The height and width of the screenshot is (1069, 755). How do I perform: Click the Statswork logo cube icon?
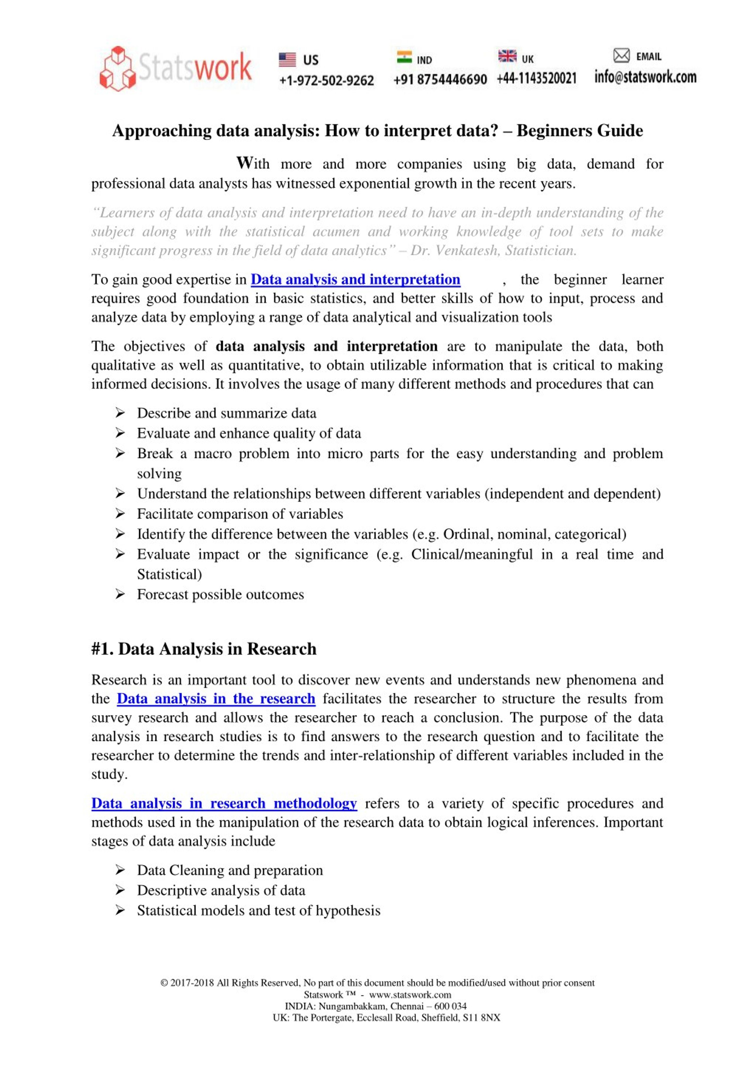click(x=117, y=68)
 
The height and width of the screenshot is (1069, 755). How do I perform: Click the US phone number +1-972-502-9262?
click(x=326, y=81)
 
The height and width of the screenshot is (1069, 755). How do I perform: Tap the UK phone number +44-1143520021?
click(x=536, y=78)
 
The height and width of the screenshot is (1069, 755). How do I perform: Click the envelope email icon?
click(x=621, y=56)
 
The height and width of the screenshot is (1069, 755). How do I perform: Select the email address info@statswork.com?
click(x=645, y=77)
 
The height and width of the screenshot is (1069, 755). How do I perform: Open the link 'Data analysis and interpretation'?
click(x=355, y=279)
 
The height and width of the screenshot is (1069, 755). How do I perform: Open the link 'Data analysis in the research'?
click(x=216, y=698)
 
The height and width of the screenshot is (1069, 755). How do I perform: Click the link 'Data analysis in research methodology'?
click(x=224, y=803)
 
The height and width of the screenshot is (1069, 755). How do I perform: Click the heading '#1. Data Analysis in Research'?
click(x=204, y=649)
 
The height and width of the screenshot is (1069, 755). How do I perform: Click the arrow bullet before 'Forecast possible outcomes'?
click(x=120, y=594)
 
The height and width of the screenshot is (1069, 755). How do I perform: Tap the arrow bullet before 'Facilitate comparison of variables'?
click(x=120, y=514)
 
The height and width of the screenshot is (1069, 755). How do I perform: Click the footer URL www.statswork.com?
click(x=410, y=995)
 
